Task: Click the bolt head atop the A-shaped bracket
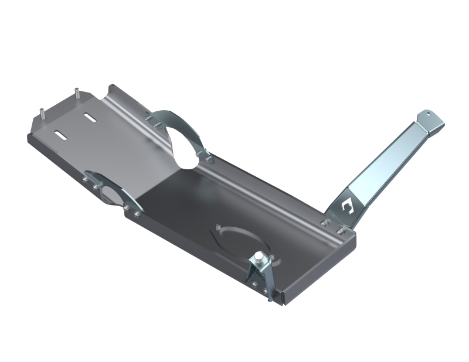pos(258,258)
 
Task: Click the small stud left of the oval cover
pos(217,226)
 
